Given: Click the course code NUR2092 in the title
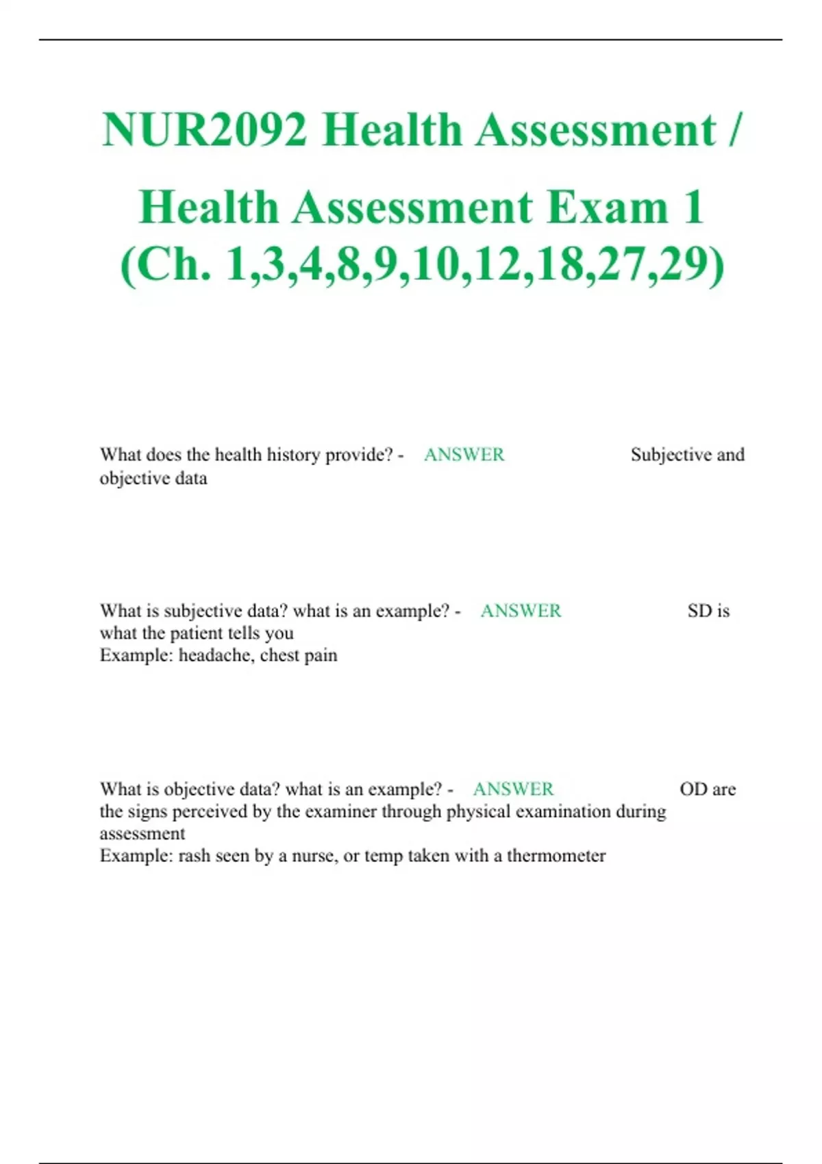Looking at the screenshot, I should (204, 129).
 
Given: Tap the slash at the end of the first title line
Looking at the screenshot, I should (734, 129).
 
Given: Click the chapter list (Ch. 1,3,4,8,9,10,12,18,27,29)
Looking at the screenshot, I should (422, 264).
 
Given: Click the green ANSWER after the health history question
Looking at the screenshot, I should (464, 455).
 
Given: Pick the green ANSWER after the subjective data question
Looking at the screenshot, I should (521, 611).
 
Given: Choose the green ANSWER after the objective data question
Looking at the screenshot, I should (513, 789).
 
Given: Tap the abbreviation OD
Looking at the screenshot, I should (693, 789).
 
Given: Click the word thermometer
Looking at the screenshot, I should (556, 856).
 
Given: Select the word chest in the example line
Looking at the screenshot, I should (279, 655).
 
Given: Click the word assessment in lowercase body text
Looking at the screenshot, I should (142, 834).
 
